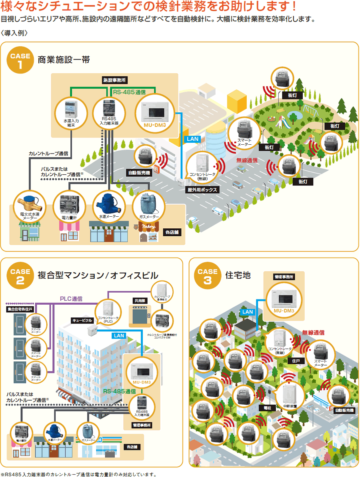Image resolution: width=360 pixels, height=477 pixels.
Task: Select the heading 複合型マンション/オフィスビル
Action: click(x=98, y=275)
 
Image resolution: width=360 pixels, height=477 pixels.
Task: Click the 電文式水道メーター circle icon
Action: click(x=28, y=205)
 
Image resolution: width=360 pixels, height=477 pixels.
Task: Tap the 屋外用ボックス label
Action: click(x=203, y=190)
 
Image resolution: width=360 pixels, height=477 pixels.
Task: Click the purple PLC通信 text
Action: click(x=71, y=298)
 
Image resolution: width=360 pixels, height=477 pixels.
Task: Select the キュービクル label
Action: click(x=82, y=320)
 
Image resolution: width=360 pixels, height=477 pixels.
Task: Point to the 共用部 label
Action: click(x=138, y=300)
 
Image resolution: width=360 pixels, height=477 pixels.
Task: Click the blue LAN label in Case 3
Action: click(x=248, y=311)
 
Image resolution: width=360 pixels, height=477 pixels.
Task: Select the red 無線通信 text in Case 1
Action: click(x=247, y=160)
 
